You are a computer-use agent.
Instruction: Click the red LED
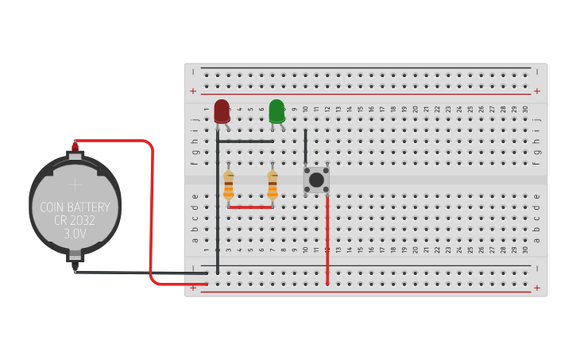click(222, 110)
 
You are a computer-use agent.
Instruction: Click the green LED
click(276, 110)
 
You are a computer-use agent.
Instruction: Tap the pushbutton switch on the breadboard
click(316, 180)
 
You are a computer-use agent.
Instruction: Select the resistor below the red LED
click(229, 184)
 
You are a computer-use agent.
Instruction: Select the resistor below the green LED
click(273, 184)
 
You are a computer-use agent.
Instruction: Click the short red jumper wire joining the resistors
click(250, 207)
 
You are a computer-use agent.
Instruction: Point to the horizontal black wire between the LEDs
click(246, 141)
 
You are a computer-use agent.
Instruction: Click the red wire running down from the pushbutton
click(327, 238)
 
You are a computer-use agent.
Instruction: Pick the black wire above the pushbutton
click(306, 147)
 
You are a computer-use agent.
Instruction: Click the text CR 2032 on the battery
click(75, 221)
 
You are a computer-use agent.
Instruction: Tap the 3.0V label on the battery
click(75, 234)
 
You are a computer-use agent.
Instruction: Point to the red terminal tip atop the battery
click(75, 145)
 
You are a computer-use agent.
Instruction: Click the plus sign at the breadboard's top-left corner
click(192, 91)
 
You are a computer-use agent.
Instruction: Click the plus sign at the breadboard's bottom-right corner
click(537, 288)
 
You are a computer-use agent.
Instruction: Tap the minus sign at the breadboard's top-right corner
click(537, 72)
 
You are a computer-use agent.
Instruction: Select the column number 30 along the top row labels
click(525, 109)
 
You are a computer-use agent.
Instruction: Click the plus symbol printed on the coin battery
click(75, 185)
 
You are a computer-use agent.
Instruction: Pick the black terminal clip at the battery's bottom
click(75, 257)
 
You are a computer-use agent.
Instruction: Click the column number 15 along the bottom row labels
click(360, 250)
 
